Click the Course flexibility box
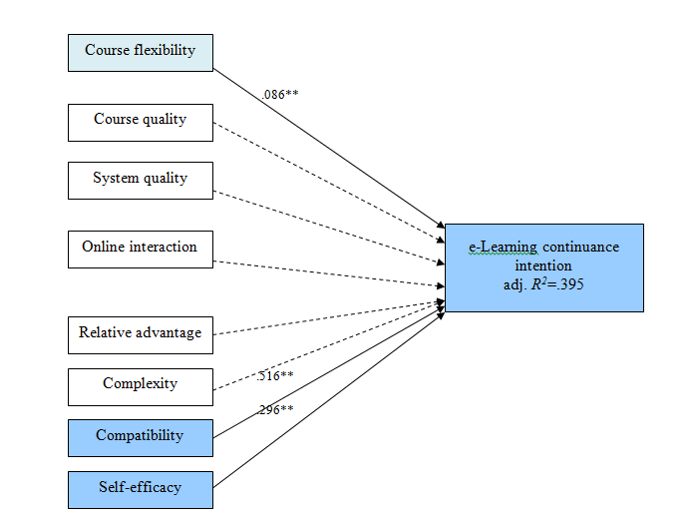pyautogui.click(x=140, y=52)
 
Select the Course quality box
pyautogui.click(x=140, y=121)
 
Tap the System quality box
pyautogui.click(x=140, y=180)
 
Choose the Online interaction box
pyautogui.click(x=140, y=249)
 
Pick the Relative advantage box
pyautogui.click(x=140, y=334)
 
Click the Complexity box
pyautogui.click(x=140, y=385)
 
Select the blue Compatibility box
pyautogui.click(x=140, y=437)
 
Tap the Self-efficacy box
pyautogui.click(x=140, y=489)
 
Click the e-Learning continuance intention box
pyautogui.click(x=543, y=267)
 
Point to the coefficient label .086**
pyautogui.click(x=280, y=94)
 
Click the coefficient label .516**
pyautogui.click(x=274, y=376)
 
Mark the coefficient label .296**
pyautogui.click(x=274, y=409)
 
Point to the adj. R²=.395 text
pyautogui.click(x=543, y=285)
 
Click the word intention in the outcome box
pyautogui.click(x=543, y=266)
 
